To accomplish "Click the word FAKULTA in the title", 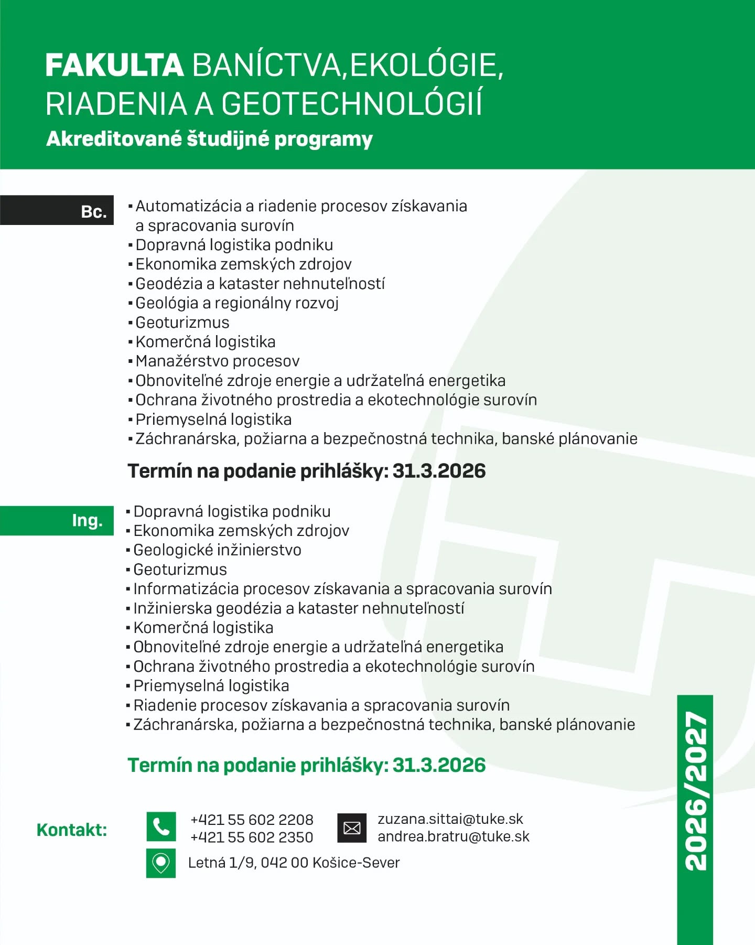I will pyautogui.click(x=114, y=66).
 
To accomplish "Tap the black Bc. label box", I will pyautogui.click(x=57, y=210).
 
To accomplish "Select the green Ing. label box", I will pyautogui.click(x=57, y=520).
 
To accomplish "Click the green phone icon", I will pyautogui.click(x=161, y=826).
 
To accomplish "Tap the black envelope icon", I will pyautogui.click(x=351, y=828).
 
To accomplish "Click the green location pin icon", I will pyautogui.click(x=161, y=863).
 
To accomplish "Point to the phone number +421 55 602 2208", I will pyautogui.click(x=252, y=819).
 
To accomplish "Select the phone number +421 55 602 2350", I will pyautogui.click(x=252, y=837).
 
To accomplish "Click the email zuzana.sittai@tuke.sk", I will pyautogui.click(x=450, y=819).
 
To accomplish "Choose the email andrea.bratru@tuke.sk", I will pyautogui.click(x=454, y=836).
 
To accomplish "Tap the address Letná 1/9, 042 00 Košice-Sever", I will pyautogui.click(x=294, y=863).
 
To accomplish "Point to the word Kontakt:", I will pyautogui.click(x=72, y=830).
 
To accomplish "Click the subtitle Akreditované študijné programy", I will pyautogui.click(x=209, y=139).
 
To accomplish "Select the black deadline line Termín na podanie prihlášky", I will pyautogui.click(x=307, y=471).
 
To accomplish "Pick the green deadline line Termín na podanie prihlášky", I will pyautogui.click(x=307, y=765).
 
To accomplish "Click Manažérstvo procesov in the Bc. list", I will pyautogui.click(x=218, y=361).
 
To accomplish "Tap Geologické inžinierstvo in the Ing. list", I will pyautogui.click(x=218, y=550).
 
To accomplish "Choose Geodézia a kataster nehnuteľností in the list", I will pyautogui.click(x=260, y=283).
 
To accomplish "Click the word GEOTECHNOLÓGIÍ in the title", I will pyautogui.click(x=351, y=103).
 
